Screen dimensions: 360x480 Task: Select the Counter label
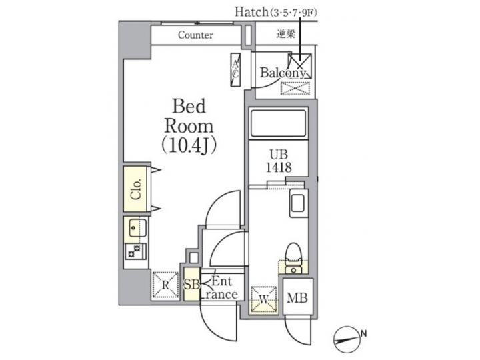195,35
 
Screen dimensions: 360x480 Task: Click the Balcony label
283,72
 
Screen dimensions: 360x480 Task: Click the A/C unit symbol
236,69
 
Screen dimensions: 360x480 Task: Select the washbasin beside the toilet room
297,205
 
